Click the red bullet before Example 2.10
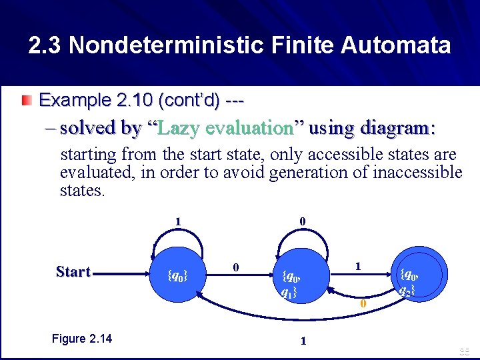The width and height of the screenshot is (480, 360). [x=25, y=101]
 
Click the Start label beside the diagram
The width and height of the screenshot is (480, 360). [x=73, y=272]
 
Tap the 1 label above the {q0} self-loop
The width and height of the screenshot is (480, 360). [x=177, y=221]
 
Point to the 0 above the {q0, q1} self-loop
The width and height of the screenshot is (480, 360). [x=303, y=221]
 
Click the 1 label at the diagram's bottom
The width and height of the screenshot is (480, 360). [x=303, y=341]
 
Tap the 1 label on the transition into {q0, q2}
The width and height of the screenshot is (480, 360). [x=358, y=265]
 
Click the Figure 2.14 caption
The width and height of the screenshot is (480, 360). [x=81, y=339]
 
